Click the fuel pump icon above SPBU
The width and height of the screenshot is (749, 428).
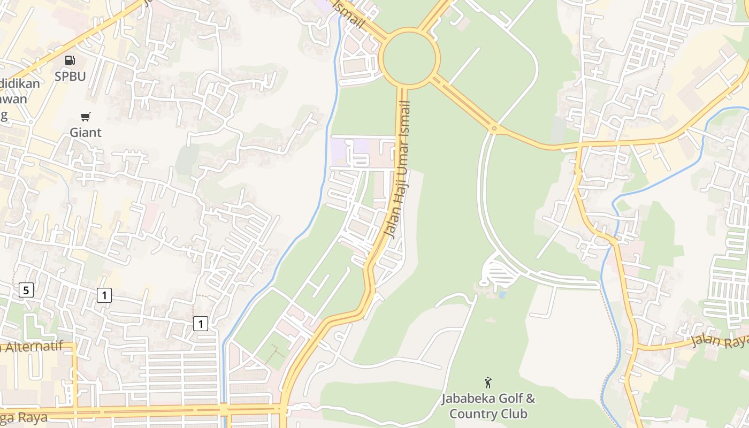click(x=70, y=61)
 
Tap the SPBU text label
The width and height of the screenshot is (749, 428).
click(x=70, y=77)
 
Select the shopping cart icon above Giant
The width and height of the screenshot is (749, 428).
click(x=86, y=117)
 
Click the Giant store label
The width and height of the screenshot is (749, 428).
click(x=86, y=132)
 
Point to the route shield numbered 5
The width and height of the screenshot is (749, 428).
click(x=26, y=291)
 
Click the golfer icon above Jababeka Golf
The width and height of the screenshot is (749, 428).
click(x=488, y=383)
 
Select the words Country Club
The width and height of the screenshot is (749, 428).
click(x=488, y=414)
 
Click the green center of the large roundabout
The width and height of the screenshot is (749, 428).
click(x=410, y=58)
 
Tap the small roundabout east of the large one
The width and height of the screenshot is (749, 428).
click(x=494, y=128)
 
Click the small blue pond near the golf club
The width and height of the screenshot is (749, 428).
click(x=502, y=294)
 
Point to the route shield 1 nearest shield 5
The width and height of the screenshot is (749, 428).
click(x=104, y=295)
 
